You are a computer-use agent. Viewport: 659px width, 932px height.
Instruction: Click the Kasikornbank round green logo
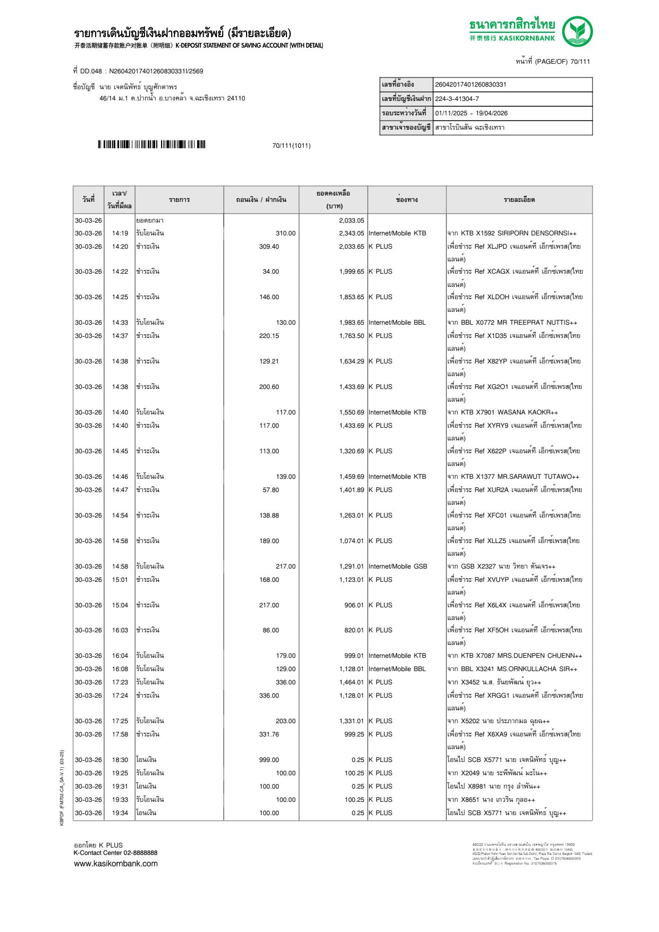(x=577, y=31)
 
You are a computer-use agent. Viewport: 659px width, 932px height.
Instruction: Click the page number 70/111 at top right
(x=580, y=62)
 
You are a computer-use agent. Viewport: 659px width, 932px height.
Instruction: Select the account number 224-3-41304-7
(x=457, y=99)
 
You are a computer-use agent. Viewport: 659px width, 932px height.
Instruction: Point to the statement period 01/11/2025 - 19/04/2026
(x=471, y=113)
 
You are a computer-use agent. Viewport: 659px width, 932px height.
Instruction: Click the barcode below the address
(x=151, y=145)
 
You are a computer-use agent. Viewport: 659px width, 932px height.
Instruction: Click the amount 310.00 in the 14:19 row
(x=285, y=233)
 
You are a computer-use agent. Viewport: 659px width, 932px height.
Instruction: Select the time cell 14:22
(x=120, y=272)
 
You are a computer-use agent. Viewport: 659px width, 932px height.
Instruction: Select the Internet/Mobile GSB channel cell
(x=398, y=566)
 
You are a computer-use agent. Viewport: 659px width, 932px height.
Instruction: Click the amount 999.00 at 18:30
(x=269, y=760)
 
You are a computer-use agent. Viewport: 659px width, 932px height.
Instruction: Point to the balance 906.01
(x=354, y=605)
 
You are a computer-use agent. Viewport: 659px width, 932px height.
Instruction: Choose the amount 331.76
(x=269, y=734)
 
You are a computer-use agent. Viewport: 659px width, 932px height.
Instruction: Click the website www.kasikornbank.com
(x=116, y=863)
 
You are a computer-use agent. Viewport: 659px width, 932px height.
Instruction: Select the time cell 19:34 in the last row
(x=120, y=813)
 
